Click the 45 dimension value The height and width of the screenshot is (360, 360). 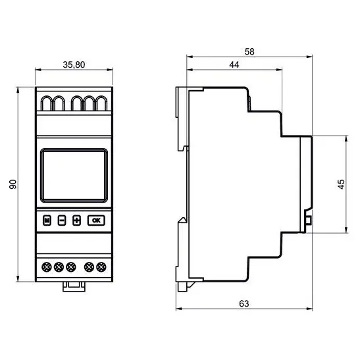tap(340, 184)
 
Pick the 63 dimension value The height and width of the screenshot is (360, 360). tap(244, 303)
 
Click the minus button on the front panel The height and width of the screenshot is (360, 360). tap(61, 220)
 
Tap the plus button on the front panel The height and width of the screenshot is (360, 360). tap(76, 220)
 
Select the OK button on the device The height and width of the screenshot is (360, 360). tap(96, 220)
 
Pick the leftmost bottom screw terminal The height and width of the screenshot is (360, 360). tap(47, 267)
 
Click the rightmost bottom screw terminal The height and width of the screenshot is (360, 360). tap(101, 267)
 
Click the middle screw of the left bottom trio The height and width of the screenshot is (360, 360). tap(59, 267)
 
